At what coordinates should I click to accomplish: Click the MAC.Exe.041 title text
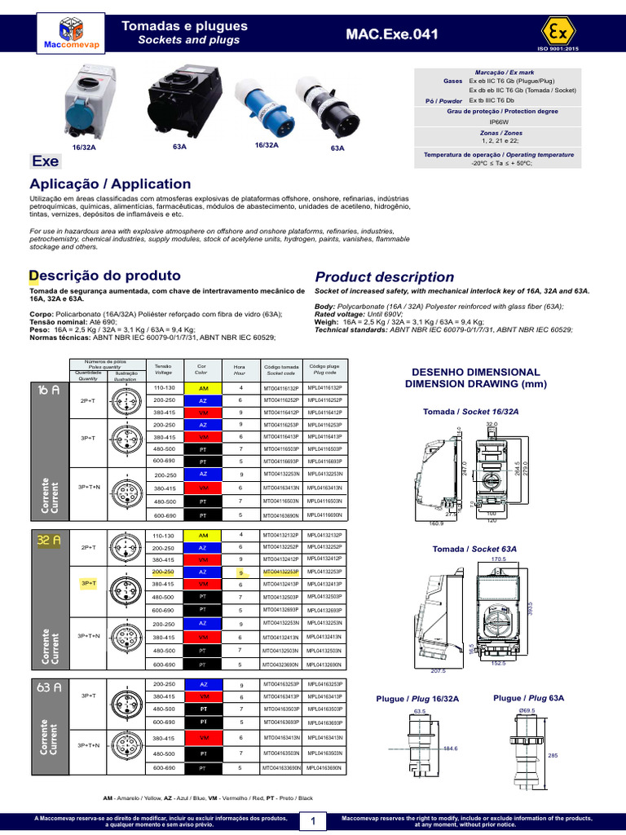tap(391, 34)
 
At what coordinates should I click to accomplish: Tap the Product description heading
tap(384, 276)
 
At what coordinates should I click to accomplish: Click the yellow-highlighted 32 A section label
tap(49, 540)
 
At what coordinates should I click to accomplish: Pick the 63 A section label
tap(49, 687)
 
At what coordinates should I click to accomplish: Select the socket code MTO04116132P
tap(280, 388)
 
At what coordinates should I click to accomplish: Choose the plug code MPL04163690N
tap(324, 768)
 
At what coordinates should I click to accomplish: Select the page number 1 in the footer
tap(312, 821)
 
